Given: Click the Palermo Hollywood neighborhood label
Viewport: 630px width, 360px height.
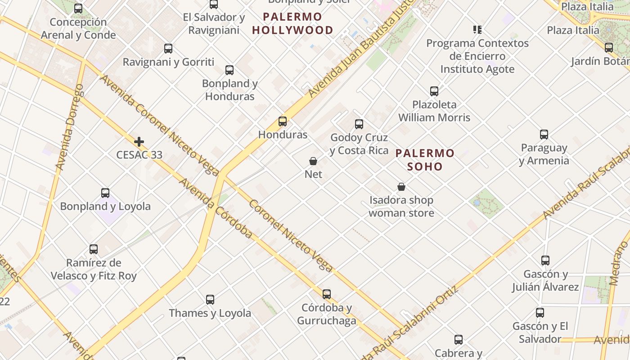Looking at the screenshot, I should (x=292, y=24).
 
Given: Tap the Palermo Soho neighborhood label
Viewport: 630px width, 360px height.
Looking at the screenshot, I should (x=425, y=160).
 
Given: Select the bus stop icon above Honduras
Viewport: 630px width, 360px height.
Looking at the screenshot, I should (x=283, y=121).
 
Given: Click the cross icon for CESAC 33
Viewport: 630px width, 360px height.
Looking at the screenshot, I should (x=139, y=142).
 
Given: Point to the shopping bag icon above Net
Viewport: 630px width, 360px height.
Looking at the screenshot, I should (x=313, y=161).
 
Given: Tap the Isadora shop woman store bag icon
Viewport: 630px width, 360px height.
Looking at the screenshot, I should (x=401, y=187).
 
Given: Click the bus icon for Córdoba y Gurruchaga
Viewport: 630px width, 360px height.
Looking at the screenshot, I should (x=327, y=294).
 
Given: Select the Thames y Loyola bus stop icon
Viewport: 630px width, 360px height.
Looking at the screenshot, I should (x=210, y=300).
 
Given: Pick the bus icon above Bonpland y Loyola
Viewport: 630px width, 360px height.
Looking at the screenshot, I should (x=105, y=193).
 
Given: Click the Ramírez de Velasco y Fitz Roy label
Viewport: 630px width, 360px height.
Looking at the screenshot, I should (x=94, y=269).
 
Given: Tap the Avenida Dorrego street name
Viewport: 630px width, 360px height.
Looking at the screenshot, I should (x=69, y=127).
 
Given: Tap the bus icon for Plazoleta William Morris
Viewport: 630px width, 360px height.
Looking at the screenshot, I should (x=434, y=91).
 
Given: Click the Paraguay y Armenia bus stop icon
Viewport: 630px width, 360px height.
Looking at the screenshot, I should (x=544, y=135).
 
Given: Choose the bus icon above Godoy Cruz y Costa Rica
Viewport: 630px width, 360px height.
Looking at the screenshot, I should (x=359, y=124).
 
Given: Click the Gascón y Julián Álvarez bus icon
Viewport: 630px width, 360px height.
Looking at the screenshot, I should (x=545, y=261).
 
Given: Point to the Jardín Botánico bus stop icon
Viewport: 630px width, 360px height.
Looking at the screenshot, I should (x=609, y=48).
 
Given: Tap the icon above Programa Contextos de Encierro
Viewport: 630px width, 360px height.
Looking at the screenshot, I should (x=477, y=30).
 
